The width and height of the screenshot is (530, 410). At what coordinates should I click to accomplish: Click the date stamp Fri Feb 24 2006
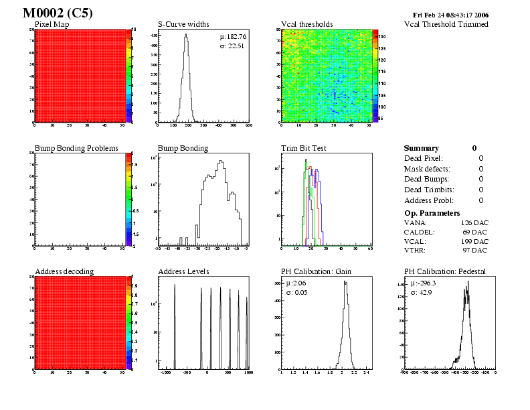coord(451,14)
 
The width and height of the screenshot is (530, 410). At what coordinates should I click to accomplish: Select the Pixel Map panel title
coord(52,24)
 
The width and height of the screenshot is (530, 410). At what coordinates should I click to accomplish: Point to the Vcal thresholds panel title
coord(306,24)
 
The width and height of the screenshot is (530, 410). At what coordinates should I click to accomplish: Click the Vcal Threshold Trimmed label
coord(446,24)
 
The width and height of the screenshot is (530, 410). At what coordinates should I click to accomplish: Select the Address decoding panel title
coord(64,271)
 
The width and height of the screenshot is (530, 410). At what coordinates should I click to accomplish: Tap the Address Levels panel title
coord(183,271)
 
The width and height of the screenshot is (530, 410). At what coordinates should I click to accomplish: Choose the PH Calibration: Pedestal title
coord(445,271)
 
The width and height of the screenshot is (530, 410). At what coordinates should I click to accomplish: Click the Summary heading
coord(422,148)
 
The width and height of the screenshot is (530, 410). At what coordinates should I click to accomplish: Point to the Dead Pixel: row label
coord(424,158)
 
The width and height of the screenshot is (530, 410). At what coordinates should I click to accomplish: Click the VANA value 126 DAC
coord(474,222)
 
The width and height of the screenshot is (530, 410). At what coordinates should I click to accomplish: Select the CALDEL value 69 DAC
coord(476,231)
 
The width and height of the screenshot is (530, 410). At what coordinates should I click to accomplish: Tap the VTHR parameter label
coord(416,250)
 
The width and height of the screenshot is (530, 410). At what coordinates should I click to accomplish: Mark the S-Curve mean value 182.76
coord(234,36)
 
